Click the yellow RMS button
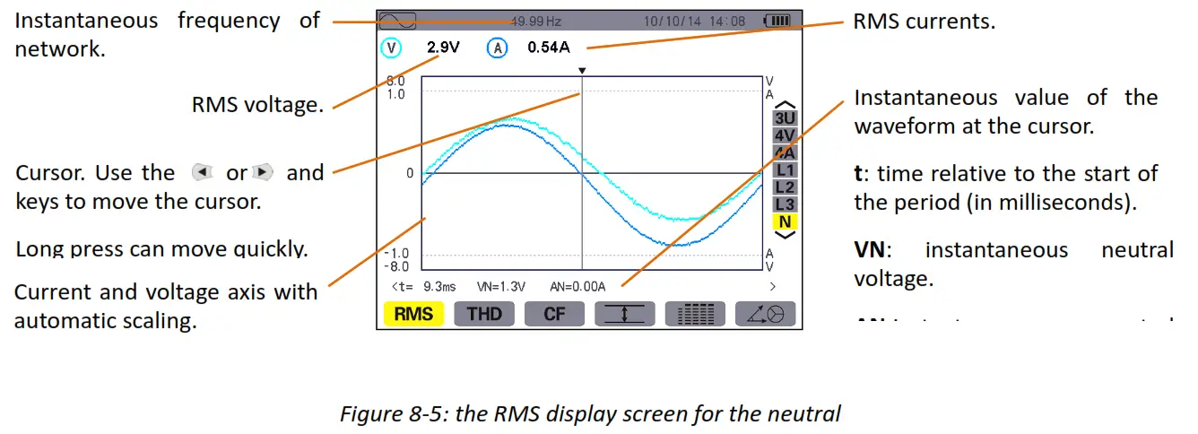tap(413, 314)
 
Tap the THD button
tap(484, 314)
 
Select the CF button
tap(554, 314)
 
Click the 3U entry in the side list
tap(785, 117)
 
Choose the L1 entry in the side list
tap(785, 169)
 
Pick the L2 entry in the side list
tap(785, 187)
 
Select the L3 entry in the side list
tap(785, 204)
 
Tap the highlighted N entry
tap(785, 221)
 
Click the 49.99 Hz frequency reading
tap(535, 20)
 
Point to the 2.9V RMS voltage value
tap(443, 48)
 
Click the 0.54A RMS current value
tap(549, 48)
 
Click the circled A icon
tap(497, 48)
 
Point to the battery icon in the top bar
tap(776, 20)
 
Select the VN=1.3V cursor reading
tap(501, 287)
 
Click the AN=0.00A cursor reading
tap(578, 287)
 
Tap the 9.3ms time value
tap(439, 287)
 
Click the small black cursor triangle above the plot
tap(582, 70)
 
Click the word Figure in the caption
tap(368, 413)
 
